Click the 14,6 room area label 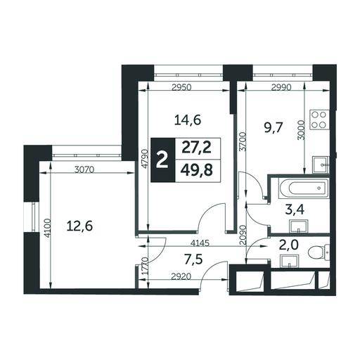pyautogui.click(x=188, y=121)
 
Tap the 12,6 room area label pyautogui.click(x=79, y=226)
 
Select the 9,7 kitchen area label pyautogui.click(x=272, y=128)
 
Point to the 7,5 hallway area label pyautogui.click(x=193, y=259)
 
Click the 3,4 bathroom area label pyautogui.click(x=295, y=210)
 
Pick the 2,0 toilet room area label pyautogui.click(x=288, y=245)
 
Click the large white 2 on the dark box pyautogui.click(x=162, y=160)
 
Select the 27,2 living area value pyautogui.click(x=197, y=148)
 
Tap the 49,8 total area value pyautogui.click(x=197, y=170)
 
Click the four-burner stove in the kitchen pyautogui.click(x=319, y=120)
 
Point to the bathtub pyautogui.click(x=304, y=188)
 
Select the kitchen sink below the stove pyautogui.click(x=321, y=165)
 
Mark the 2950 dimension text pyautogui.click(x=182, y=88)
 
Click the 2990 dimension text pyautogui.click(x=281, y=88)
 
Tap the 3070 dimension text pyautogui.click(x=84, y=169)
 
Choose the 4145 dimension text pyautogui.click(x=200, y=243)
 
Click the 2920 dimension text pyautogui.click(x=181, y=276)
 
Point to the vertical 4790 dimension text pyautogui.click(x=145, y=159)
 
